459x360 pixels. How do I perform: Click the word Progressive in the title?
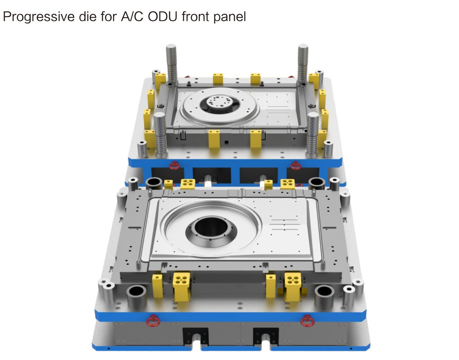39,16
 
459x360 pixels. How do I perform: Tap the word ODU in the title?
163,16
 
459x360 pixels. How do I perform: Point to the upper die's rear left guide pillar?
172,64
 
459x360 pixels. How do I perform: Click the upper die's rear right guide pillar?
303,64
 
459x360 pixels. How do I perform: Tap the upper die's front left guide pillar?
160,134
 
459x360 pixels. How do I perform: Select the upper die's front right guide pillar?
312,134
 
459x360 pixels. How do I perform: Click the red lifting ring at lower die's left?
153,321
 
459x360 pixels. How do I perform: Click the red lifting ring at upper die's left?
174,165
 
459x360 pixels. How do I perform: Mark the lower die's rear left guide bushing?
154,183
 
